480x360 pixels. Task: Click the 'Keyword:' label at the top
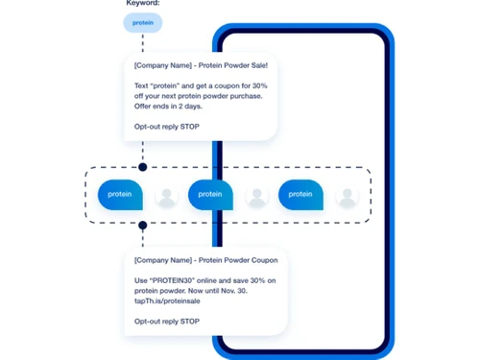pos(142,4)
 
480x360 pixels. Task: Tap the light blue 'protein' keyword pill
pos(142,23)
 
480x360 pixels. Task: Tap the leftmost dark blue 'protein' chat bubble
pos(120,195)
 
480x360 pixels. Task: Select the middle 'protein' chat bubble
pos(210,195)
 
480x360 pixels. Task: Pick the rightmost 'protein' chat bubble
pos(300,195)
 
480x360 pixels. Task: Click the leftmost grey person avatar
pos(166,197)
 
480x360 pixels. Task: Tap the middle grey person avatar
pos(256,197)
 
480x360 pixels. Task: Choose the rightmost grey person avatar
pos(347,197)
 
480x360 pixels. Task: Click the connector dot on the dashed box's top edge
pos(142,167)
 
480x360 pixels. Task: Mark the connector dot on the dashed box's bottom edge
pos(142,225)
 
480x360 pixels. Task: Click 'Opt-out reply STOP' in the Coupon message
pos(166,321)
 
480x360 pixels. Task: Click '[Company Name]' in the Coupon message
pos(161,259)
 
